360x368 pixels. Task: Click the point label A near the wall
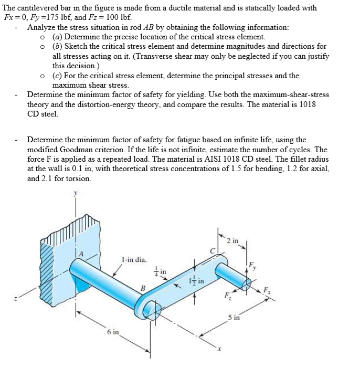pos(81,254)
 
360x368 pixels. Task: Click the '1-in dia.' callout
pos(134,259)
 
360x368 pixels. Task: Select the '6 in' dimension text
pos(112,332)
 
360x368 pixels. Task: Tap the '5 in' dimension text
pos(234,318)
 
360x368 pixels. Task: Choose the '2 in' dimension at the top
pos(232,240)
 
